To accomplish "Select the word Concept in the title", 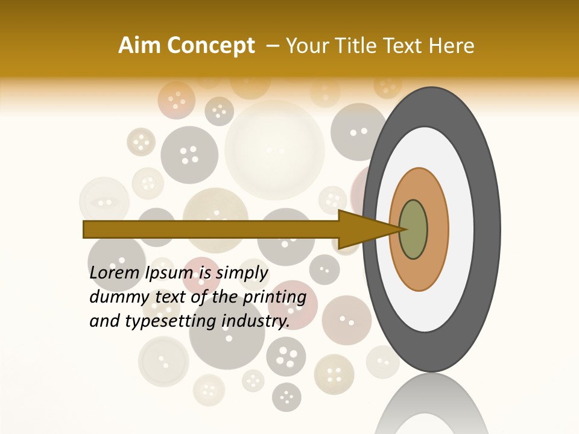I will pyautogui.click(x=210, y=46).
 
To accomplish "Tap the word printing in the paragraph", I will pyautogui.click(x=275, y=297).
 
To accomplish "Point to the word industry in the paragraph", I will pyautogui.click(x=255, y=321).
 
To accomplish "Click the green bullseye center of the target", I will pyautogui.click(x=413, y=229).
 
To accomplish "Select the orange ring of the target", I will pyautogui.click(x=437, y=229).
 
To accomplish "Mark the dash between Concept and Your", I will pyautogui.click(x=273, y=46).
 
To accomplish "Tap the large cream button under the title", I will pyautogui.click(x=274, y=149).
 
